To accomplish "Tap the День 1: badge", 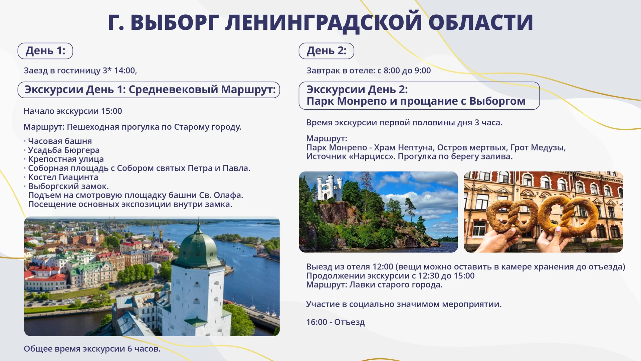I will click(45, 51).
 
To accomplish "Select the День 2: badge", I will click(327, 51).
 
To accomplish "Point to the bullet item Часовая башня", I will click(60, 141).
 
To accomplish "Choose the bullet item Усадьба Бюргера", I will click(63, 150).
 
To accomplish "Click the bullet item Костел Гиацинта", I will click(63, 177).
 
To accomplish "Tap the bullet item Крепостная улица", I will click(66, 159).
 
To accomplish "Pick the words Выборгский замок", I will click(68, 186).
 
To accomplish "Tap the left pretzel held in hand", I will click(511, 216).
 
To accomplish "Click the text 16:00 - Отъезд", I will click(335, 322).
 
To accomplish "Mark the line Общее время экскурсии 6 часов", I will click(92, 349).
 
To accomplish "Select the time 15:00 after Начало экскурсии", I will click(112, 111).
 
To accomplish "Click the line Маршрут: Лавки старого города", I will click(374, 285).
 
